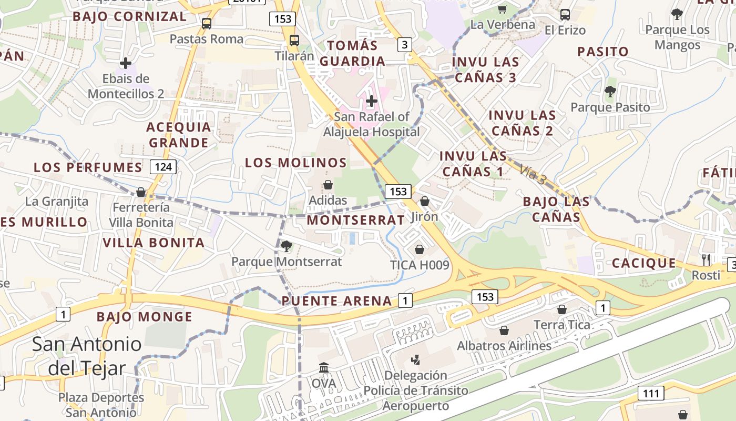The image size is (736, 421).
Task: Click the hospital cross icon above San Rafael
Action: click(x=372, y=101)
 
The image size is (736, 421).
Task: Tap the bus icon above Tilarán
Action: click(x=294, y=41)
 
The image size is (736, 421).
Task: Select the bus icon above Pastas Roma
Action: click(x=207, y=24)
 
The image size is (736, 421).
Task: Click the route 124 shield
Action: click(x=163, y=167)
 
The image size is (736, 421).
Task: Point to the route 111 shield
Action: click(x=651, y=393)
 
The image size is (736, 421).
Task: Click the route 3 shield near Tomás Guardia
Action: click(x=404, y=45)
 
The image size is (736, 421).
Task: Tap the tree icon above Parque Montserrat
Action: click(x=287, y=246)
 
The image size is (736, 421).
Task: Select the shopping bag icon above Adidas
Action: click(x=328, y=185)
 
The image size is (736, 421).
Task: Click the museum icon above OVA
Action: click(x=324, y=367)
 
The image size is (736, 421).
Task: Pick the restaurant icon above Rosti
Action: click(x=706, y=259)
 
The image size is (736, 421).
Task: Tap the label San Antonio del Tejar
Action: click(x=87, y=356)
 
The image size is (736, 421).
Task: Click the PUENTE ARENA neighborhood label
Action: click(x=337, y=301)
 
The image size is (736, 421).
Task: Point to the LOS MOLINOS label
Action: click(x=296, y=163)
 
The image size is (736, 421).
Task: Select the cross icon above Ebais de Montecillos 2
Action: click(x=126, y=63)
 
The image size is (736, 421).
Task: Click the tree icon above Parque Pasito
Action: click(x=610, y=92)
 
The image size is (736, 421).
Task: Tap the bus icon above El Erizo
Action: click(x=565, y=15)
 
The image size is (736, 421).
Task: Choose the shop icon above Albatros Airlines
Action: click(x=504, y=330)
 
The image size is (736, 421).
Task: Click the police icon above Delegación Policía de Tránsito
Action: click(x=415, y=360)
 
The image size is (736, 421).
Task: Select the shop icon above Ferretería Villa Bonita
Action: click(x=141, y=192)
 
